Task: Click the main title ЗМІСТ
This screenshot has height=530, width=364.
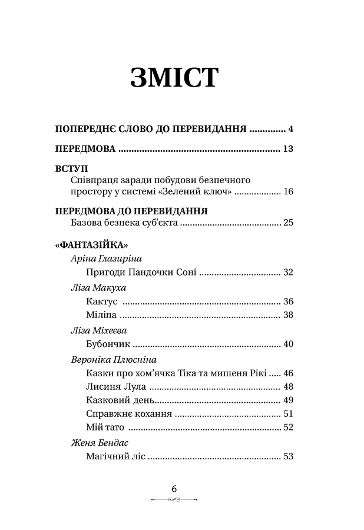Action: click(175, 78)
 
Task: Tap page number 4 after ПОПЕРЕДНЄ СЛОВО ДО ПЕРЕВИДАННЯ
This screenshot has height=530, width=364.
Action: click(290, 128)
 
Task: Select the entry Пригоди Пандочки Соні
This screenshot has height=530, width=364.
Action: click(140, 272)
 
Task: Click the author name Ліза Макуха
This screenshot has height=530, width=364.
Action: click(98, 287)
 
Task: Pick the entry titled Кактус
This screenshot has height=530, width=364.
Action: click(101, 302)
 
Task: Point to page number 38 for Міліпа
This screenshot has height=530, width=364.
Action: click(287, 315)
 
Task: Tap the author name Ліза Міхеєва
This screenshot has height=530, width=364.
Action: click(98, 330)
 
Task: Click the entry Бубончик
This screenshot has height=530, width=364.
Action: click(108, 344)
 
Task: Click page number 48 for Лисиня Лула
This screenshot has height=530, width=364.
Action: click(287, 387)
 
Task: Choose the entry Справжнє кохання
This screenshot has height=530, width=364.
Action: click(128, 413)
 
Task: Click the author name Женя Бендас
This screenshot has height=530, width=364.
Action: click(99, 442)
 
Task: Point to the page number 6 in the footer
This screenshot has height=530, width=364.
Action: click(174, 488)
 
